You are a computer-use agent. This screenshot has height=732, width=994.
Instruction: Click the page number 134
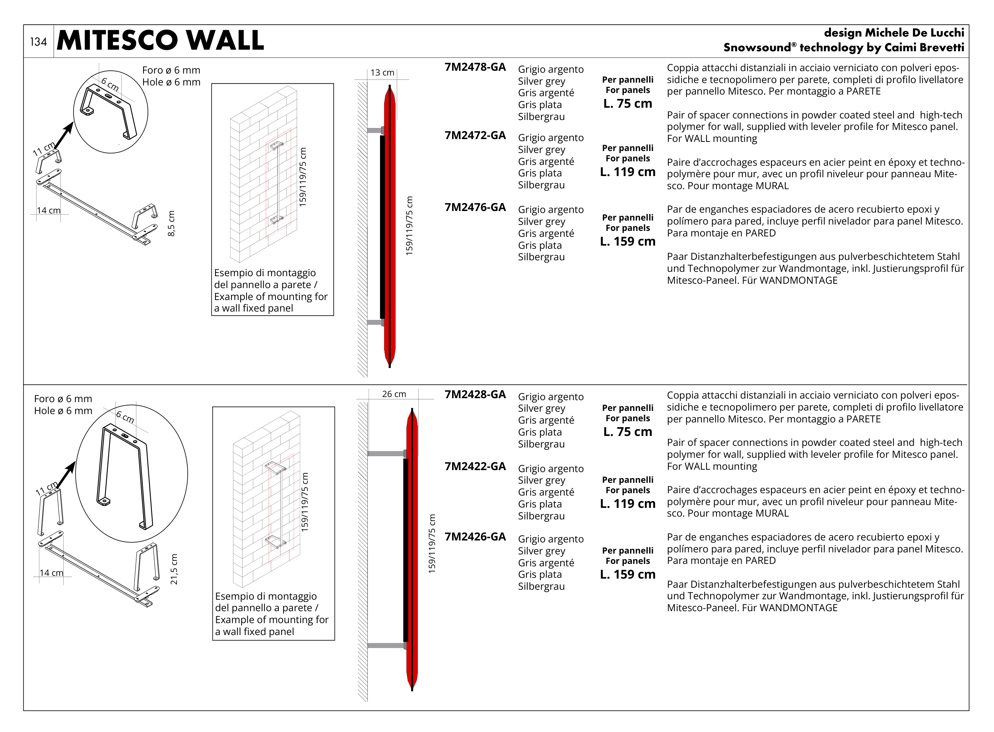pyautogui.click(x=38, y=42)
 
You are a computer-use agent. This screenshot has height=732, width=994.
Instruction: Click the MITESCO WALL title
pyautogui.click(x=160, y=41)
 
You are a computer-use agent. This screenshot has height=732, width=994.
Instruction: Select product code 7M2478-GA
pyautogui.click(x=475, y=67)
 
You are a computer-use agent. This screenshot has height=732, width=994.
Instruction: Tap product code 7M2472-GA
pyautogui.click(x=475, y=136)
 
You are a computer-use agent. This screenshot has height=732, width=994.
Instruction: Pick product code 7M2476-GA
pyautogui.click(x=475, y=207)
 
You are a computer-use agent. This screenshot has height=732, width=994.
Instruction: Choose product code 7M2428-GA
pyautogui.click(x=475, y=395)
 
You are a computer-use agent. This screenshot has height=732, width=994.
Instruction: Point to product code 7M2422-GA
pyautogui.click(x=475, y=467)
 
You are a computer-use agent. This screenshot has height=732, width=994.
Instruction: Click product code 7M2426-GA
pyautogui.click(x=475, y=537)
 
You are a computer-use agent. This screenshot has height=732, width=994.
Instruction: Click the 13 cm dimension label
pyautogui.click(x=382, y=73)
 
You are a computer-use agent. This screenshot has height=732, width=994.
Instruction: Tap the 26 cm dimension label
pyautogui.click(x=394, y=394)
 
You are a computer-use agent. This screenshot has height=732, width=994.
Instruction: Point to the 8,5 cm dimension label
pyautogui.click(x=172, y=223)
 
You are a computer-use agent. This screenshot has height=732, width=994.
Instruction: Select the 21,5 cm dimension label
pyautogui.click(x=174, y=569)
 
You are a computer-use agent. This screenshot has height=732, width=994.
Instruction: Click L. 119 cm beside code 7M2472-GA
pyautogui.click(x=627, y=172)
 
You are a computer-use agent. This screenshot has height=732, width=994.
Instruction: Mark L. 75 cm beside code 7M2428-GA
pyautogui.click(x=627, y=432)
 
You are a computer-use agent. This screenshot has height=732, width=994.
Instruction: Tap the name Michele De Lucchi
pyautogui.click(x=914, y=33)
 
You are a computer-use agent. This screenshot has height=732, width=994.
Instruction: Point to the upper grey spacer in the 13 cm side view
pyautogui.click(x=375, y=131)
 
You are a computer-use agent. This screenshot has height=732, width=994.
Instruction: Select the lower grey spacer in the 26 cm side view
pyautogui.click(x=386, y=646)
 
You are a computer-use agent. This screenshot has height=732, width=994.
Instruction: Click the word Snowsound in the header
pyautogui.click(x=757, y=48)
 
